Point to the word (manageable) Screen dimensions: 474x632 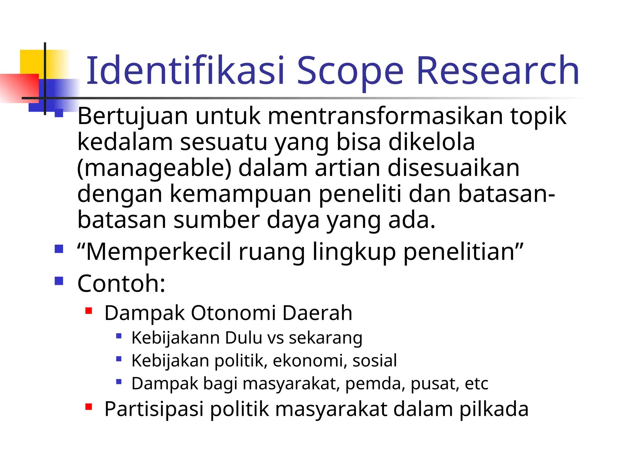pyautogui.click(x=154, y=168)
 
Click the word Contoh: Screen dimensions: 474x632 pyautogui.click(x=121, y=283)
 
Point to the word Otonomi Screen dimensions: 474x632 pyautogui.click(x=233, y=313)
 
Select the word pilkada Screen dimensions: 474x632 pyautogui.click(x=494, y=409)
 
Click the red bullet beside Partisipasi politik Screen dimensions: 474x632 pyautogui.click(x=89, y=407)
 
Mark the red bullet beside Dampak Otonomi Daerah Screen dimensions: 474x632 pyautogui.click(x=89, y=311)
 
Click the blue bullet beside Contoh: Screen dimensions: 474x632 pyautogui.click(x=59, y=281)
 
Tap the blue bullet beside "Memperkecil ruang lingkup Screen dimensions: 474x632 pyautogui.click(x=59, y=249)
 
